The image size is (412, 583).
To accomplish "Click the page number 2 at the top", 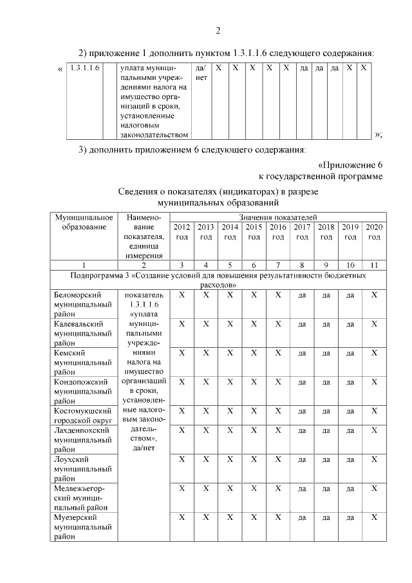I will click(218, 30).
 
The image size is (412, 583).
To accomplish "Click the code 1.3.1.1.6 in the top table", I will click(84, 68).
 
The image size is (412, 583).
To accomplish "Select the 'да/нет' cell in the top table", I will click(200, 73).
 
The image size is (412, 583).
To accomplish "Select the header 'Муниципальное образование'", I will click(84, 223).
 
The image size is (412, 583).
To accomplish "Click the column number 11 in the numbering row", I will click(374, 265).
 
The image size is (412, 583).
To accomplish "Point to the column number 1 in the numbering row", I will click(84, 265).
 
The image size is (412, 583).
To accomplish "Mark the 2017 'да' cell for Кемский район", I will click(302, 353).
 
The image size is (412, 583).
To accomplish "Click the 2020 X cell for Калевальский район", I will click(374, 324).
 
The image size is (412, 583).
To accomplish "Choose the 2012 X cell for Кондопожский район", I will click(182, 381).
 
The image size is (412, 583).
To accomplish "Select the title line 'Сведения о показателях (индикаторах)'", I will click(218, 192).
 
